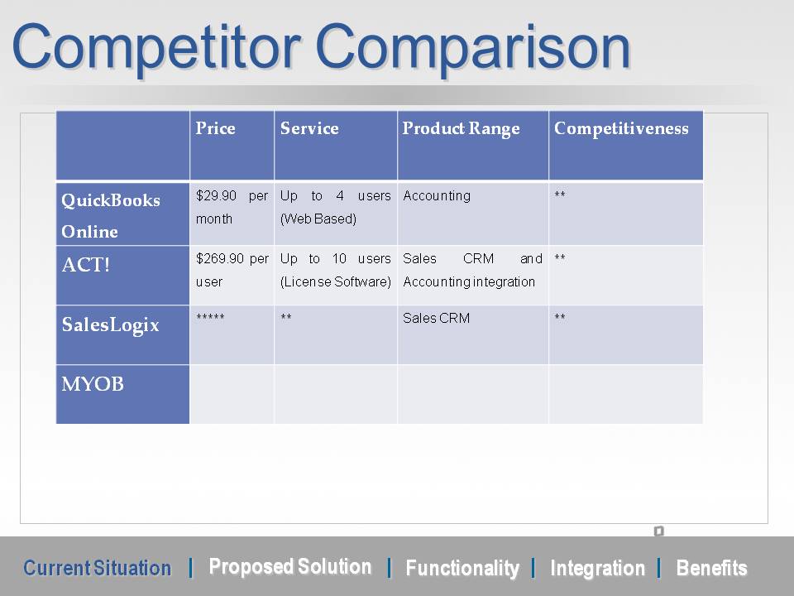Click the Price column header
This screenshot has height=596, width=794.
click(215, 128)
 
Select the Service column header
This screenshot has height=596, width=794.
click(309, 128)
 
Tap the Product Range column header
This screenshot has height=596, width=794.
click(461, 129)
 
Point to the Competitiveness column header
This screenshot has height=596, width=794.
click(621, 129)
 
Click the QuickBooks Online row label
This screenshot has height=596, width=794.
click(111, 215)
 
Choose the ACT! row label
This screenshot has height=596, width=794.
click(85, 265)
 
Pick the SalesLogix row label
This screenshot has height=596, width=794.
click(110, 324)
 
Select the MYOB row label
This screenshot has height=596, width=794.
click(93, 383)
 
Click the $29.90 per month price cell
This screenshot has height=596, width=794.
click(232, 207)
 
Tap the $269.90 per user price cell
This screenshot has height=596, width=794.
click(232, 270)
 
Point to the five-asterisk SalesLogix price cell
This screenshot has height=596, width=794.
click(210, 317)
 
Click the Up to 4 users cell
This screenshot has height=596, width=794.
click(335, 207)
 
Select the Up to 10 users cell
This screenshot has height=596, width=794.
click(335, 270)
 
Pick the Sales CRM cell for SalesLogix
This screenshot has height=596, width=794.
click(436, 318)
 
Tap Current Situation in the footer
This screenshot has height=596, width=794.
click(98, 568)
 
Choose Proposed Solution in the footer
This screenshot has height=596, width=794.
click(290, 566)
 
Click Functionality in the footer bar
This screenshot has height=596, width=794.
click(462, 568)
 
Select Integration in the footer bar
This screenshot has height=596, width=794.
click(597, 568)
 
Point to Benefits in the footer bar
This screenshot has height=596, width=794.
click(711, 568)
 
